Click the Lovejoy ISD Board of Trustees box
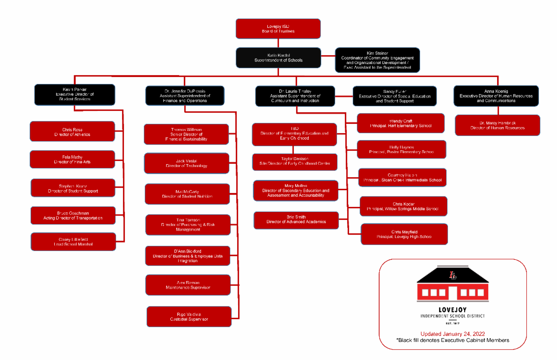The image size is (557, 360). pyautogui.click(x=278, y=29)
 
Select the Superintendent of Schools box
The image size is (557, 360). pyautogui.click(x=278, y=58)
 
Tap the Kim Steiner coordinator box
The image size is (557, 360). pyautogui.click(x=377, y=60)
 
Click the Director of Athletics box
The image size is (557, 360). pyautogui.click(x=72, y=132)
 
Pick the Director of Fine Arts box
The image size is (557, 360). pyautogui.click(x=72, y=160)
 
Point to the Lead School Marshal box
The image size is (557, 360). pyautogui.click(x=73, y=242)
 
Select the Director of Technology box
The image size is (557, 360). pyautogui.click(x=186, y=163)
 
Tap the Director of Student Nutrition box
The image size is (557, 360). pyautogui.click(x=187, y=194)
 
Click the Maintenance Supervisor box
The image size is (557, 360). pyautogui.click(x=188, y=285)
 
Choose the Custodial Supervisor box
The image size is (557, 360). pyautogui.click(x=188, y=316)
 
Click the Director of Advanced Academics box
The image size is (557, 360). pyautogui.click(x=296, y=219)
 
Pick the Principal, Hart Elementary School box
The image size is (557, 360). pyautogui.click(x=400, y=123)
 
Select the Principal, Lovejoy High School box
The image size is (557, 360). pyautogui.click(x=404, y=234)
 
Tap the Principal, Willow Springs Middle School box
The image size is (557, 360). pyautogui.click(x=403, y=206)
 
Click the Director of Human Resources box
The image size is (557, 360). pyautogui.click(x=497, y=125)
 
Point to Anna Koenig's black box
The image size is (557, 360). pyautogui.click(x=496, y=96)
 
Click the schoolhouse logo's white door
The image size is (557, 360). pyautogui.click(x=453, y=293)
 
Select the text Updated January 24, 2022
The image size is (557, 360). pyautogui.click(x=453, y=334)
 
